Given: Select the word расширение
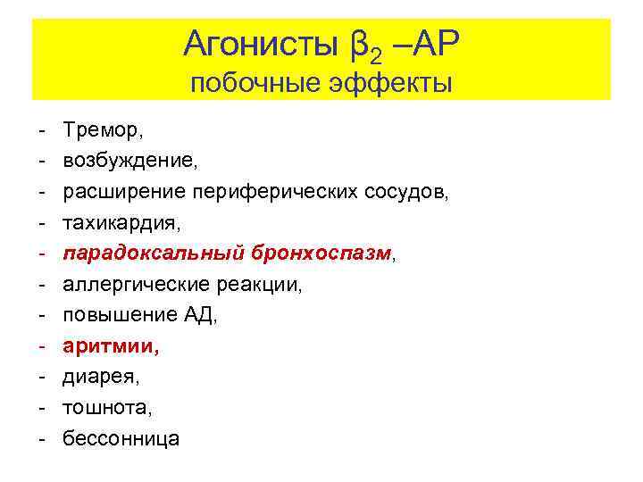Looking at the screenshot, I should pos(122,192).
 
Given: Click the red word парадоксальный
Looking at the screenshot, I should pos(152,253).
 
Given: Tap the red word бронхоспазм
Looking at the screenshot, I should pos(319,253).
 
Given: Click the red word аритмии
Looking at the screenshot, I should pos(110,346).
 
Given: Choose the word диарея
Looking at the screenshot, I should pos(98,377).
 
